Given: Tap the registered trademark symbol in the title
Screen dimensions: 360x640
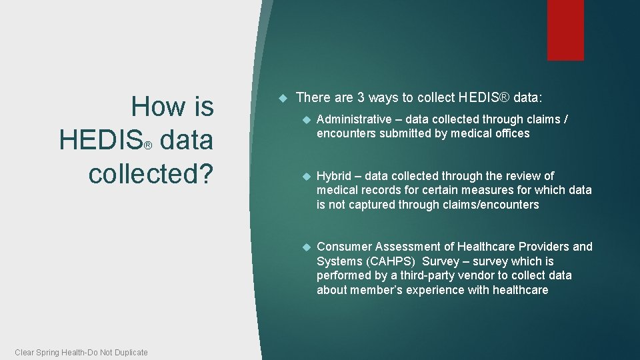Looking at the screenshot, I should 149,145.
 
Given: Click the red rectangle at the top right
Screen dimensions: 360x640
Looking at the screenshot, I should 565,30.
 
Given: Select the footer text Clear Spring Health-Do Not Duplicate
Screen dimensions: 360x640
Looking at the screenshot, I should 81,352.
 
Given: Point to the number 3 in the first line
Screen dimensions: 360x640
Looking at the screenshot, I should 360,98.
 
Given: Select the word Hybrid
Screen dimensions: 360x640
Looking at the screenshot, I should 333,176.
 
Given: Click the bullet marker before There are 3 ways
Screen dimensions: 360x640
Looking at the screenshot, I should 282,98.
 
